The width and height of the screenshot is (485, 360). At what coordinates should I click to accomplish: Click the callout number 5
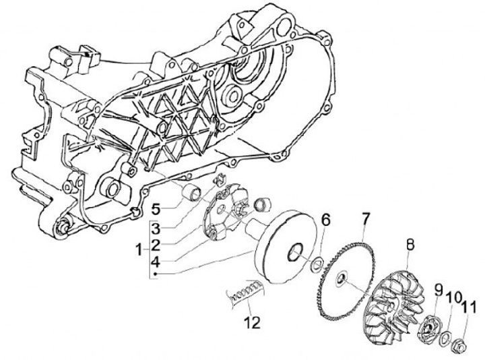coord(154,208)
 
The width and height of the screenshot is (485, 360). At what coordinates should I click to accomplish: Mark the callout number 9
coord(437,290)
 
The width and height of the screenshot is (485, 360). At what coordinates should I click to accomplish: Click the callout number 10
coord(453,297)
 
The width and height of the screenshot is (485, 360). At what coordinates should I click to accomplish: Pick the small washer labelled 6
coord(315,261)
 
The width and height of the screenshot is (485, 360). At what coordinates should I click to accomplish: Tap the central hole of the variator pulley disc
coord(295,253)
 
